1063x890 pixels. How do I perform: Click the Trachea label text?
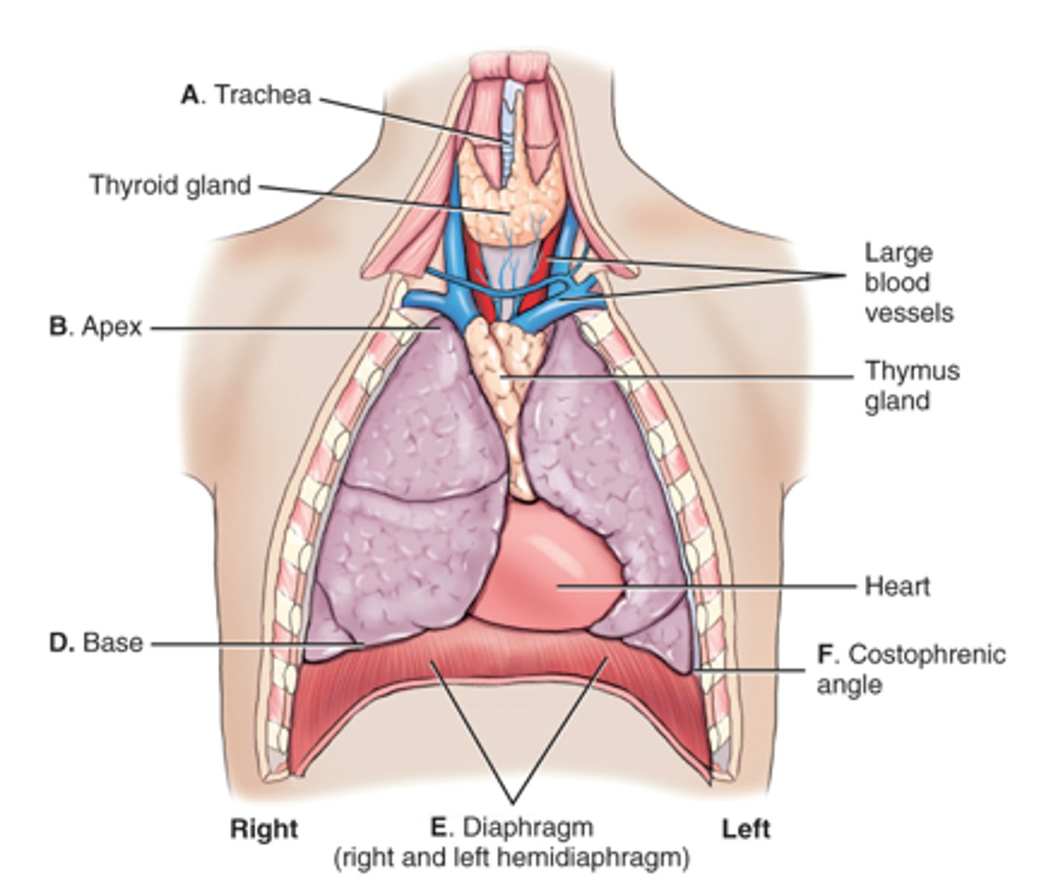click(263, 95)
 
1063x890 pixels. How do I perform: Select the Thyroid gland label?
click(171, 185)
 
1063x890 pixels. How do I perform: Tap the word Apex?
click(112, 327)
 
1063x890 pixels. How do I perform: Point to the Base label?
click(113, 642)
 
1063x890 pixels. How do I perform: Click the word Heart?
click(898, 587)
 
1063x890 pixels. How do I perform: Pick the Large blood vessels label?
click(909, 283)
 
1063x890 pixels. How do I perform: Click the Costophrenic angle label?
click(911, 670)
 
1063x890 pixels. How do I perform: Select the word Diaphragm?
click(527, 828)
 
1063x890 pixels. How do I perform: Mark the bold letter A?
click(190, 95)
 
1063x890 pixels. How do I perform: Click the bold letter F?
click(826, 655)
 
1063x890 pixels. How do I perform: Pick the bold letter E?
click(440, 828)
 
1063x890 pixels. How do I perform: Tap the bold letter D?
click(59, 642)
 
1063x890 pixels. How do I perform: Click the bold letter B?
click(59, 327)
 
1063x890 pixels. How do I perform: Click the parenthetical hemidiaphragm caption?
click(512, 858)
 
